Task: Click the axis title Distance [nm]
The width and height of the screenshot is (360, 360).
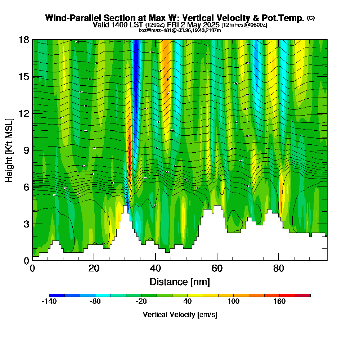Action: (180, 282)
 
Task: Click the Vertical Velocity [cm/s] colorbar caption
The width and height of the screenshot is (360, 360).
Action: (180, 315)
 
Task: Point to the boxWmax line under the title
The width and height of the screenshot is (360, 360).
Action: (180, 30)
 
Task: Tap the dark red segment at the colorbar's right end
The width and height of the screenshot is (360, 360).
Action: (303, 295)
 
